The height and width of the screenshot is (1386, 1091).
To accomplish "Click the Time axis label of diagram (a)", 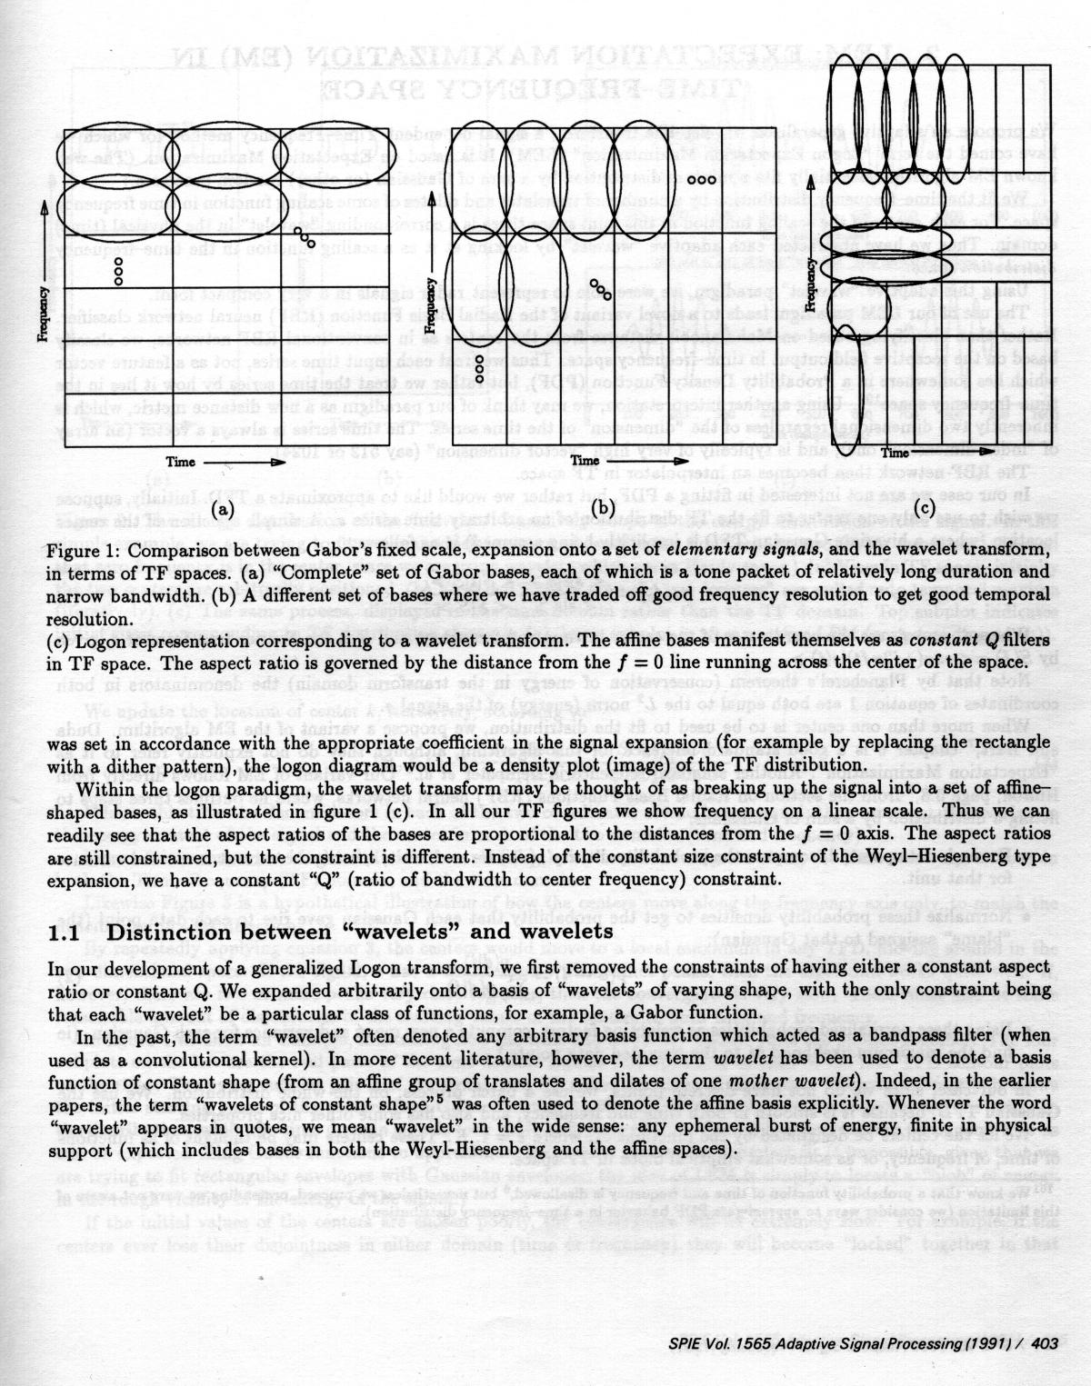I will pyautogui.click(x=179, y=462).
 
